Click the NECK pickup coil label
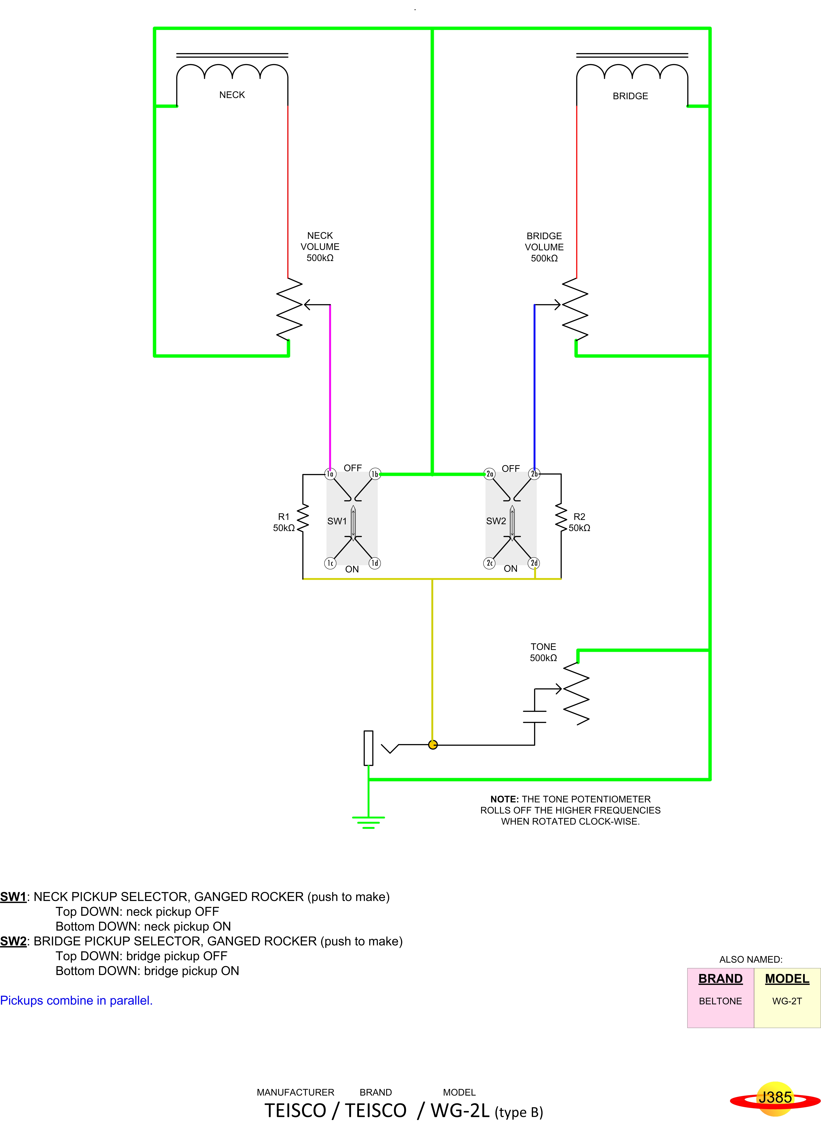232,95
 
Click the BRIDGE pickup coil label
630,96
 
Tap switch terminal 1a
330,474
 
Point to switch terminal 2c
490,563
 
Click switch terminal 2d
534,563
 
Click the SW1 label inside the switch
337,521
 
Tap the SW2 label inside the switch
496,521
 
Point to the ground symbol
368,822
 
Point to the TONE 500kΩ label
543,652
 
